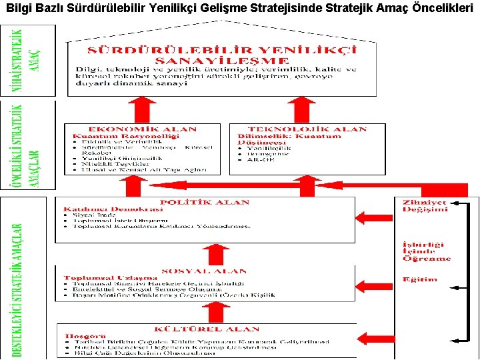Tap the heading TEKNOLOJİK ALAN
pos(307,129)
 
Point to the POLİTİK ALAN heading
pos(205,202)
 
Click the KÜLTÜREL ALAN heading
pos(207,329)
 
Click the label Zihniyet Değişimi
pos(425,205)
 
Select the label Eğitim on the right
pos(419,279)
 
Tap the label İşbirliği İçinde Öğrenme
pos(427,251)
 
